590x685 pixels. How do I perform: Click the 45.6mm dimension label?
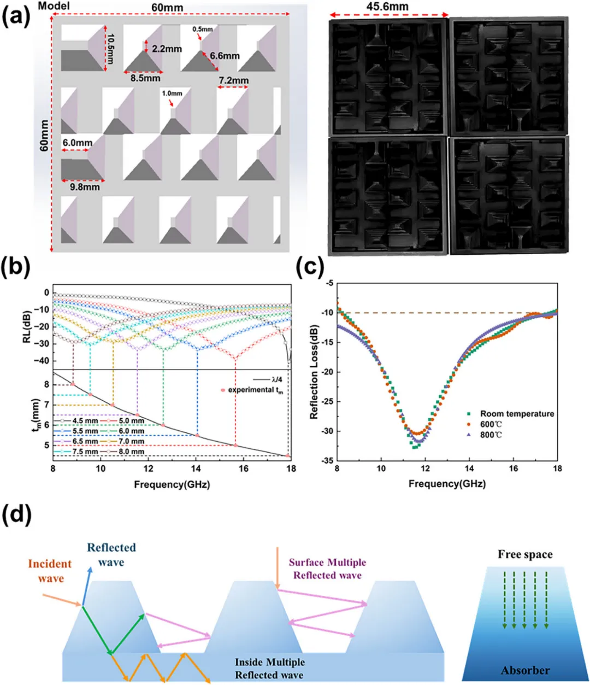coord(387,6)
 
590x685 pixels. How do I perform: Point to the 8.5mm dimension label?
coord(145,78)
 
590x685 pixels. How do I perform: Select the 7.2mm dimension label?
coord(233,80)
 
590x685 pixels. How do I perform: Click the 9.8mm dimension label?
coord(85,187)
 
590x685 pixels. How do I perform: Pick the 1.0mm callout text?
coord(172,93)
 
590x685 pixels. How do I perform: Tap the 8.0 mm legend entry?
coord(126,452)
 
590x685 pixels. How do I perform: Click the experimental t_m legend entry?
coord(252,390)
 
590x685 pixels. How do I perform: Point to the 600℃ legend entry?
coord(485,424)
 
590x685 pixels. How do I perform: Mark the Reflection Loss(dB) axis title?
coord(314,372)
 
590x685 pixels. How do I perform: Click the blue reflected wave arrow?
coord(86,586)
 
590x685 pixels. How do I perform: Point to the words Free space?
coord(525,554)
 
